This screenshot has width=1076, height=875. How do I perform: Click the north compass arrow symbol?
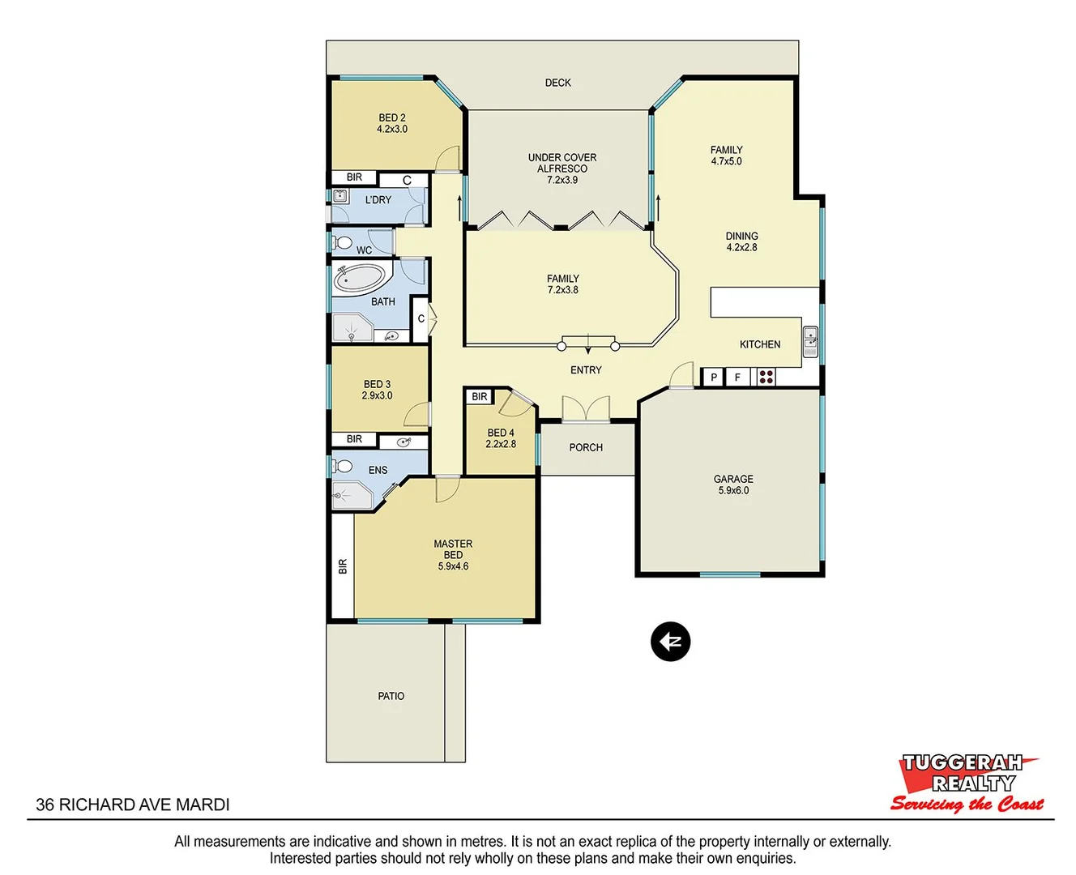click(670, 642)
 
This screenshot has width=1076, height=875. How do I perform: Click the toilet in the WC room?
click(344, 243)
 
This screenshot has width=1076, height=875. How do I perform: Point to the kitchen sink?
click(810, 341)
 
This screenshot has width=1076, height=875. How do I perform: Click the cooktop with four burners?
click(766, 377)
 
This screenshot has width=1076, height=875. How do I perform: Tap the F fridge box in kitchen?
click(737, 377)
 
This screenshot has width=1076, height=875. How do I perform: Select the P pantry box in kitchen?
click(713, 377)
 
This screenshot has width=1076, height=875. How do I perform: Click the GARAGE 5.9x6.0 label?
click(733, 484)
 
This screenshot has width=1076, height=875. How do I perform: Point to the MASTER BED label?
click(453, 555)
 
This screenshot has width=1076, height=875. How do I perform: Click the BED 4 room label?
click(501, 438)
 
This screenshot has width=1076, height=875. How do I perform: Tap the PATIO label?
click(391, 696)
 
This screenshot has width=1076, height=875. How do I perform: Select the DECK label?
click(557, 83)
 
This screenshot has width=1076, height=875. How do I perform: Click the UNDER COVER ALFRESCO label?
click(562, 169)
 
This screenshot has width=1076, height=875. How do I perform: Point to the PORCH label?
click(586, 447)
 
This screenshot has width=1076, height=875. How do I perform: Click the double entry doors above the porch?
click(586, 409)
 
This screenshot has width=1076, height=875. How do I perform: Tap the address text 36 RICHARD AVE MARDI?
click(133, 805)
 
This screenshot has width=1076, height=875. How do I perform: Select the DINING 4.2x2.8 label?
click(741, 241)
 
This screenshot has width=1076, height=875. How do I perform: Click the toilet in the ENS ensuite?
click(344, 467)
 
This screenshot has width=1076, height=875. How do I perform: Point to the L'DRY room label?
click(378, 199)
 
